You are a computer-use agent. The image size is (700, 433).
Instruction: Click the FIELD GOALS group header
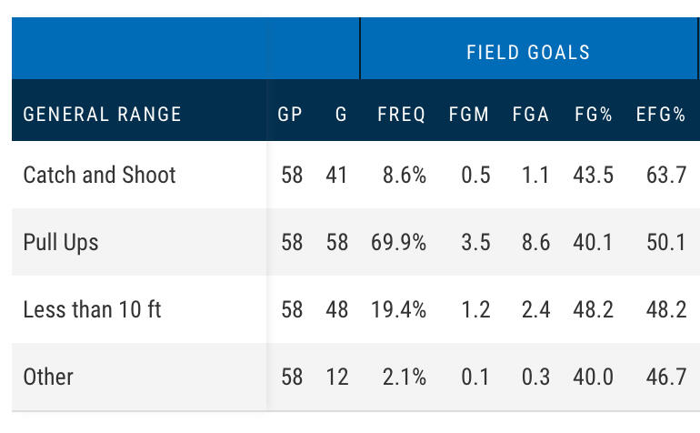(528, 52)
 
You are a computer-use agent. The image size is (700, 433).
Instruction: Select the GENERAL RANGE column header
(102, 115)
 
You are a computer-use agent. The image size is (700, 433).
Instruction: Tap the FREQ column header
(401, 115)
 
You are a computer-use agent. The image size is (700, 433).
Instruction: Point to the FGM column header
(469, 115)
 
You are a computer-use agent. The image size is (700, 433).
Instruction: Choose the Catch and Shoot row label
(99, 175)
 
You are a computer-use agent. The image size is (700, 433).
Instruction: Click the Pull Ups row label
(61, 242)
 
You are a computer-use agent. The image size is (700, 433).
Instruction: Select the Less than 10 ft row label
(92, 309)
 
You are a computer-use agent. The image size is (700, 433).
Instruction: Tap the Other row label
(48, 377)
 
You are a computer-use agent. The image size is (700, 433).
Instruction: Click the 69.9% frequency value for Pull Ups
(398, 242)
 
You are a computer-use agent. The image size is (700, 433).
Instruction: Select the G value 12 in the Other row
(337, 377)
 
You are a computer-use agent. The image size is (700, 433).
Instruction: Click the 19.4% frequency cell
(398, 309)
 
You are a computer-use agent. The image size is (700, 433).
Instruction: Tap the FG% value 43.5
(593, 175)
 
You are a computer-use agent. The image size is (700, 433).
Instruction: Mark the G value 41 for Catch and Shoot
(337, 175)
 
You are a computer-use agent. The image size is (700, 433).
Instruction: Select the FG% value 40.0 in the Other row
(593, 377)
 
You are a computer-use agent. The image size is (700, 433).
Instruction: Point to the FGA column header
(531, 115)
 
